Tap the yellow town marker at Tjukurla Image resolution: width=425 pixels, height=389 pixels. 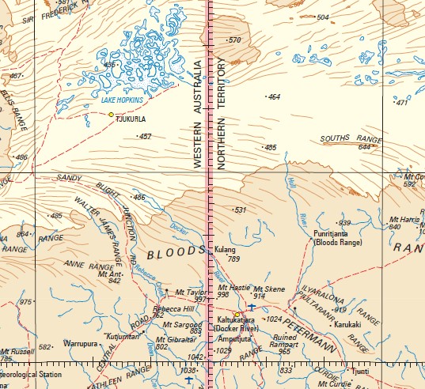click(x=111, y=115)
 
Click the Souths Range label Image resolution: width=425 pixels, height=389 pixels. click(x=340, y=139)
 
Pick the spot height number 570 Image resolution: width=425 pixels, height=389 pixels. click(x=234, y=40)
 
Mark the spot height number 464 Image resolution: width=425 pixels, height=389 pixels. click(x=274, y=97)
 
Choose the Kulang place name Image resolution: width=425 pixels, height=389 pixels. click(x=226, y=250)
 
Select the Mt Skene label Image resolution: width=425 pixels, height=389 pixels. click(x=268, y=289)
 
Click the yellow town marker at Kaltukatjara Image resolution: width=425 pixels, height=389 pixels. click(x=237, y=314)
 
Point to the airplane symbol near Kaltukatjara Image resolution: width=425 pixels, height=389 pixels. click(x=252, y=306)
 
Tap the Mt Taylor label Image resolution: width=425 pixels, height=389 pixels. click(x=190, y=292)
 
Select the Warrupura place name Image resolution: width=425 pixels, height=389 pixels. click(x=82, y=345)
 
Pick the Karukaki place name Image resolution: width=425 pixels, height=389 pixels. click(x=347, y=324)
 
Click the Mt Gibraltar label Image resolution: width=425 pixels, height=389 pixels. click(x=176, y=338)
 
